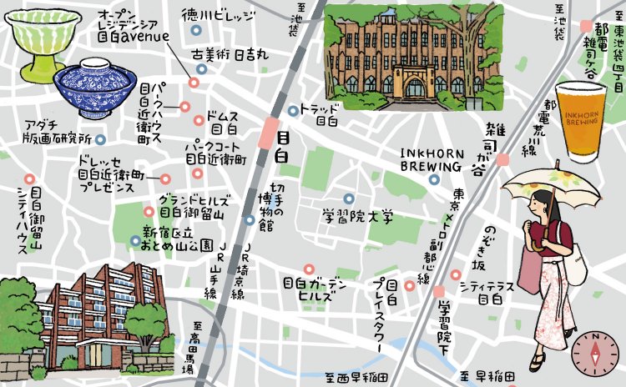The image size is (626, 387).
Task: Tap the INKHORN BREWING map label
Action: point(433,158)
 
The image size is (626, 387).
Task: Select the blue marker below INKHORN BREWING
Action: point(434,178)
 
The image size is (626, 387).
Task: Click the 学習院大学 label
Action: point(358,218)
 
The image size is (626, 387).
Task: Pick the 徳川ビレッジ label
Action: point(216,14)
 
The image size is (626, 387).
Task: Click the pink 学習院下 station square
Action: point(440,291)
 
